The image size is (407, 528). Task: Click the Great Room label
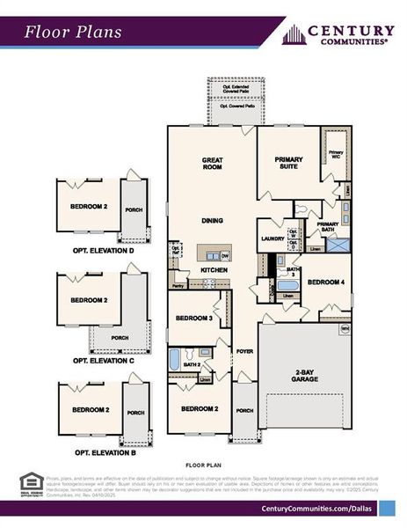tap(213, 163)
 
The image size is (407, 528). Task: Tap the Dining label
tap(213, 220)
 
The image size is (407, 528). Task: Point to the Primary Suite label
tap(288, 162)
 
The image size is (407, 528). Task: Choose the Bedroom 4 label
tap(325, 282)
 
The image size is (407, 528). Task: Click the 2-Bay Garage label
tap(308, 377)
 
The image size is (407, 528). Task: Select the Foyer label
tap(244, 351)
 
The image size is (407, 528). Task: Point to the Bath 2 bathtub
tap(175, 360)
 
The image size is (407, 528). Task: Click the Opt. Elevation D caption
tap(104, 251)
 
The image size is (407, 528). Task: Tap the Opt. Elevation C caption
tap(104, 360)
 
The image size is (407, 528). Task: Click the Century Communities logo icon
tap(294, 34)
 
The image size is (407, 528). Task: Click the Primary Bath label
tap(328, 224)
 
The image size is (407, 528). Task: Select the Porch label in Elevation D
tap(134, 209)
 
